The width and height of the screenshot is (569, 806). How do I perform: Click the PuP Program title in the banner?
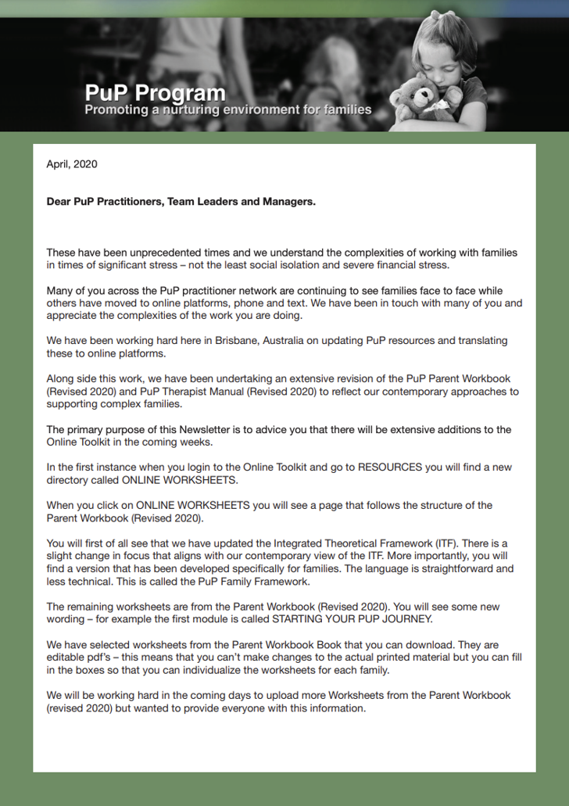tap(155, 95)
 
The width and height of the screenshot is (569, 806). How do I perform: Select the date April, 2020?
tap(72, 164)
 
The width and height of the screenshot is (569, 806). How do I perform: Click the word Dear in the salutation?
tap(59, 202)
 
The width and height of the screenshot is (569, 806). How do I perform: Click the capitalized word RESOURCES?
tap(394, 467)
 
